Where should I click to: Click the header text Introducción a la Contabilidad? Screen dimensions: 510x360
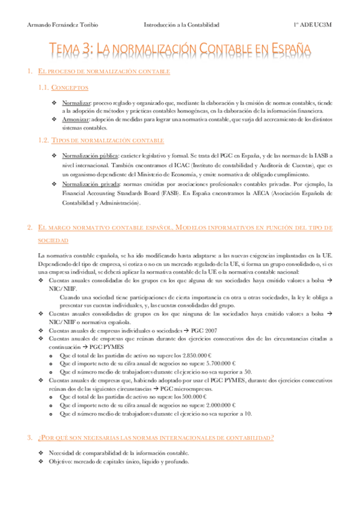tap(182, 25)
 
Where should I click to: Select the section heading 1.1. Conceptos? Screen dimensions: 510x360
tap(62, 88)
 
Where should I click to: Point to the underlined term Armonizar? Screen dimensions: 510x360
tap(76, 120)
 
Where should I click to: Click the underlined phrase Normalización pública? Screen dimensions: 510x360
tap(92, 155)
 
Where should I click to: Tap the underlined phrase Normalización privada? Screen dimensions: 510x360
tap(91, 183)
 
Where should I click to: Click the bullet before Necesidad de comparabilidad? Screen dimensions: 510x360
tap(40, 452)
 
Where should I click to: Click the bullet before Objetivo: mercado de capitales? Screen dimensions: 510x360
tap(40, 461)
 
